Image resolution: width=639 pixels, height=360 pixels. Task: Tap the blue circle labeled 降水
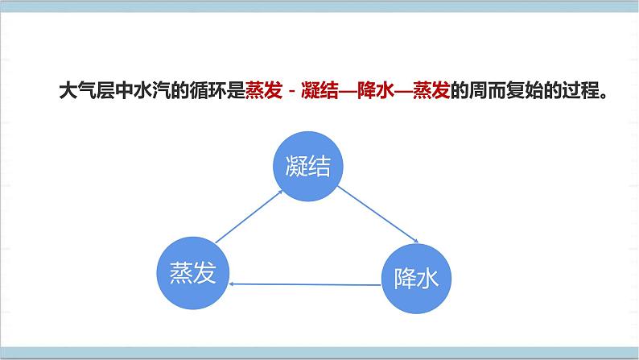pos(415,278)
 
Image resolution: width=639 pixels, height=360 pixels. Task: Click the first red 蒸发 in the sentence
pos(258,90)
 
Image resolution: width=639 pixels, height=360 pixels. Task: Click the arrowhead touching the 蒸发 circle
pos(233,283)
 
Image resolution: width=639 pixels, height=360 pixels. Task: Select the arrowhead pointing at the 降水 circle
pos(415,241)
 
